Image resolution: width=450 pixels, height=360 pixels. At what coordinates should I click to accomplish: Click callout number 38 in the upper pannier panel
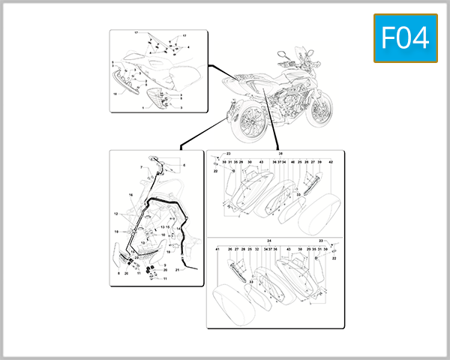[x=281, y=153]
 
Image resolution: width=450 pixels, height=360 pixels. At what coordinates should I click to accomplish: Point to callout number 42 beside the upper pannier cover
[x=331, y=162]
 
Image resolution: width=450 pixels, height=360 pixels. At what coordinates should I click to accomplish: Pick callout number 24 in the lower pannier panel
[x=268, y=241]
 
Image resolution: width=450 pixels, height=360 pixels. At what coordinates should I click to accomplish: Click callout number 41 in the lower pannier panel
[x=217, y=249]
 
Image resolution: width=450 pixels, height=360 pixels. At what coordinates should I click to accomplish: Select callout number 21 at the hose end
[x=177, y=269]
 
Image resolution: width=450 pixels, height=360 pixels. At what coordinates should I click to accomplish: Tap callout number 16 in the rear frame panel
[x=130, y=194]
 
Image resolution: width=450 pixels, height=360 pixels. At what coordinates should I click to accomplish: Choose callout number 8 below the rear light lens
[x=118, y=274]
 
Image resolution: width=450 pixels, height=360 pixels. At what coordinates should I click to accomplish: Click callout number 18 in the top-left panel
[x=115, y=94]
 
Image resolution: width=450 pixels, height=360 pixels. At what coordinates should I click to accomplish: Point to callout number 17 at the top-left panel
[x=136, y=34]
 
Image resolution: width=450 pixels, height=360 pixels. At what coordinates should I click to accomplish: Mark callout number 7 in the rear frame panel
[x=139, y=166]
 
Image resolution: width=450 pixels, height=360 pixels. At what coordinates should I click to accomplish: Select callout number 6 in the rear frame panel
[x=184, y=164]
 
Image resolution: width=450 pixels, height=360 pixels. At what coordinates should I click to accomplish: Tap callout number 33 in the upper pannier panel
[x=298, y=194]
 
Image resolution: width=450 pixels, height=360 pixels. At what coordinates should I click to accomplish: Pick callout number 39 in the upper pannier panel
[x=319, y=162]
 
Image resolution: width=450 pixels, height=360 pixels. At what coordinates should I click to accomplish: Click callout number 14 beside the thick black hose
[x=177, y=228]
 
